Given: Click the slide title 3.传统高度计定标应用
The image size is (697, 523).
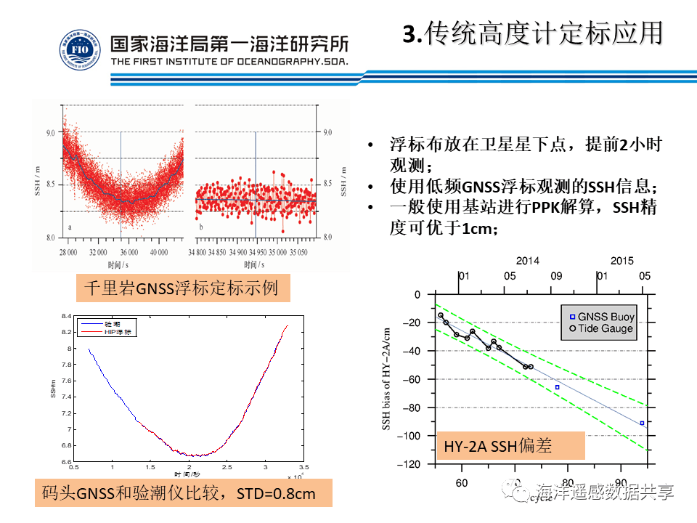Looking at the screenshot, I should [533, 33].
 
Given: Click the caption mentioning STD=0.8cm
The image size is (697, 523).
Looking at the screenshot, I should [183, 494].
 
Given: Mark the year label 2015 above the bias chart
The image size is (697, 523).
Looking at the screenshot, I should [621, 261].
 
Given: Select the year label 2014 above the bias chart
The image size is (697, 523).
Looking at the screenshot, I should [528, 261].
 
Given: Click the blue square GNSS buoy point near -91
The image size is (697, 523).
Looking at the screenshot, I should [642, 423].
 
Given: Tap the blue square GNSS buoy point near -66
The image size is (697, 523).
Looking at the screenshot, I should [558, 387].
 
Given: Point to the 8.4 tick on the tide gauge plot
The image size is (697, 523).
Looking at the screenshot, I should [67, 316].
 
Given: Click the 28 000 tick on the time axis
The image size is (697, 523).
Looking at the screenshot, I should [68, 252].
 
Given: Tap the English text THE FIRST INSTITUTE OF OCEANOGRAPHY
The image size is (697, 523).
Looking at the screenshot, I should [229, 62].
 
